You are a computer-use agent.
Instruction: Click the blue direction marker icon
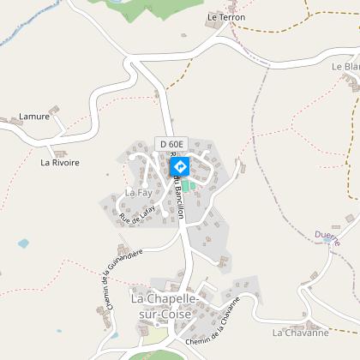pos(180,166)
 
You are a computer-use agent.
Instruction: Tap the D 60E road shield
pos(171,143)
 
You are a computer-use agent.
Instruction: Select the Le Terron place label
pos(226,17)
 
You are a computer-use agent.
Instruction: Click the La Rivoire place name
pos(60,161)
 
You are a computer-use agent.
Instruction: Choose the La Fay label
pos(138,193)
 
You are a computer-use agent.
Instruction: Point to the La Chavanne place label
pos(301,332)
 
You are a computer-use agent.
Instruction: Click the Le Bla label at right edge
pos(346,66)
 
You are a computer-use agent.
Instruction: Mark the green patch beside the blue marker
pos(186,185)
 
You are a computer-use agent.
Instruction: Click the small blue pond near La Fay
pos(23,243)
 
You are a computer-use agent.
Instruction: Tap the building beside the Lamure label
pos(55,111)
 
